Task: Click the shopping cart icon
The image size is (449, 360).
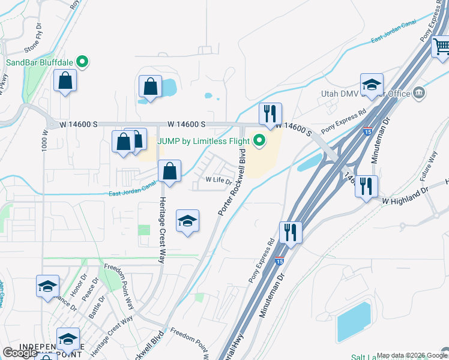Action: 441,46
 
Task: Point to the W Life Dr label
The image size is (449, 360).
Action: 218,179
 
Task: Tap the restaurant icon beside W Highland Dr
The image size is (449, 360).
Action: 366,186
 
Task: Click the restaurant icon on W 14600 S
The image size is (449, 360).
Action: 270,113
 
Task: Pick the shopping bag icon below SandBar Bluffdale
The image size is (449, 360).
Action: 65,80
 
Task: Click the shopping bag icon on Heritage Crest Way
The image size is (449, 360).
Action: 170,171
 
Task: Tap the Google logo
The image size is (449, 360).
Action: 20,353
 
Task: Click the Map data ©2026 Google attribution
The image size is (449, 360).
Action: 412,355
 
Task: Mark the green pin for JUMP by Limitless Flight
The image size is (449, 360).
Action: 260,141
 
